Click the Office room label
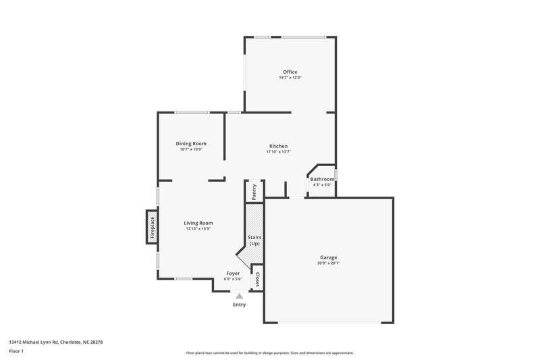pos(290,72)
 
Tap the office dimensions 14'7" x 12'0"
pos(290,78)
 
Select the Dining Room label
pos(191,143)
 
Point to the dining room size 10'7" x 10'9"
pos(191,149)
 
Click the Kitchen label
pos(279,146)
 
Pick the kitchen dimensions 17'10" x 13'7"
pos(279,152)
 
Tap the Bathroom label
pos(322,179)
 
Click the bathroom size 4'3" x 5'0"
pos(322,184)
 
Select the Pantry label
pos(254,192)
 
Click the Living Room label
pos(198,223)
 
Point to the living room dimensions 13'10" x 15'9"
pos(198,229)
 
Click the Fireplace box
pos(153,228)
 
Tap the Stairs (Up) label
pos(254,240)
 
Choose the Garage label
pos(329,257)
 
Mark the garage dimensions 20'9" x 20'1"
pos(329,263)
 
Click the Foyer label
pos(233,274)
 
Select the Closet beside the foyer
pos(256,280)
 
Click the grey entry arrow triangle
pos(239,295)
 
